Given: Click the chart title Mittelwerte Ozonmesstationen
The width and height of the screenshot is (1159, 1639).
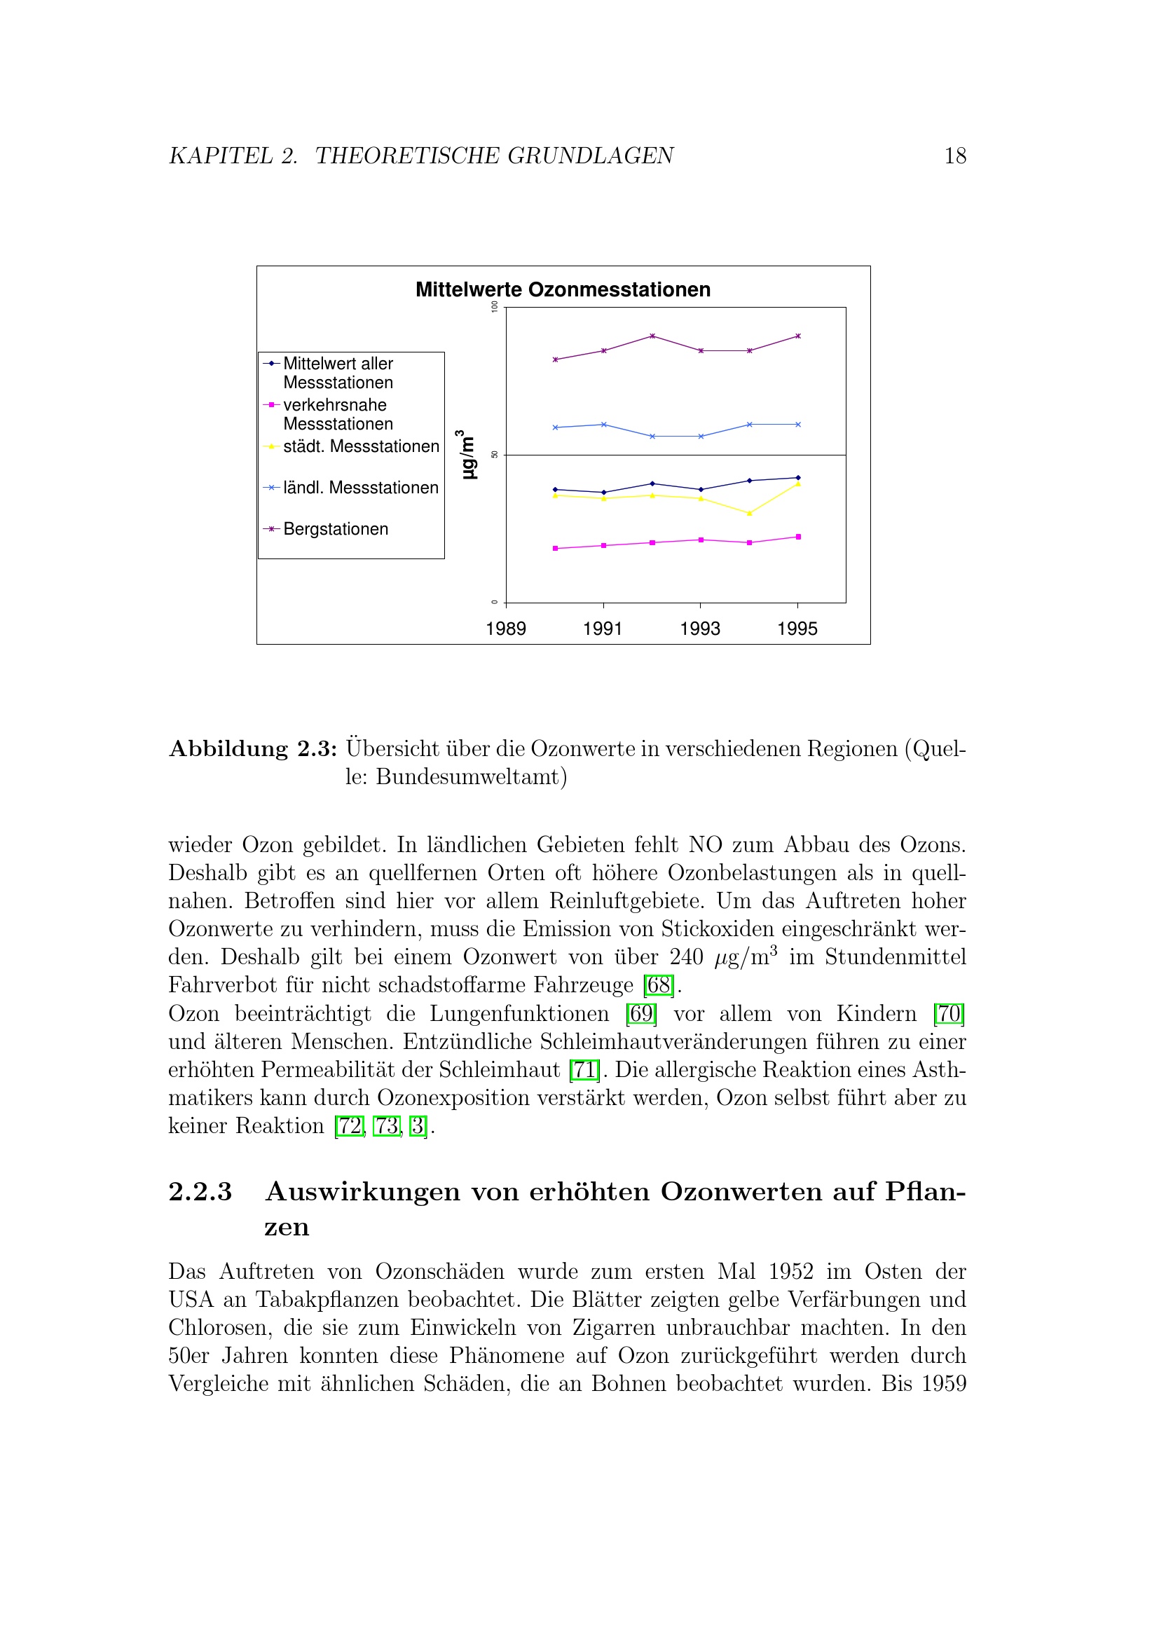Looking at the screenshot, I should tap(563, 290).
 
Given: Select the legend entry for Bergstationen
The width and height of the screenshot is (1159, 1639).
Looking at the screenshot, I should tap(335, 529).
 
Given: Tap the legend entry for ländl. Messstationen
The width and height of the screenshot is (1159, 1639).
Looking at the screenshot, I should tap(359, 488).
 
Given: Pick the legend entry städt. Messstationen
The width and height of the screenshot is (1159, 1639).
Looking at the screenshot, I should tap(360, 446).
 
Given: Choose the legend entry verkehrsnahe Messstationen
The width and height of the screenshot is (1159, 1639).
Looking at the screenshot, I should tap(338, 414).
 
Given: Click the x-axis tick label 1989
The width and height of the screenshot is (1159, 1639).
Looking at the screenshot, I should tap(505, 629).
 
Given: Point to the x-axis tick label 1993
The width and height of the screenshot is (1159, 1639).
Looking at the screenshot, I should tap(699, 629).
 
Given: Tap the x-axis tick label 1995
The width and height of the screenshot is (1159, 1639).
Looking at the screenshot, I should tap(797, 629).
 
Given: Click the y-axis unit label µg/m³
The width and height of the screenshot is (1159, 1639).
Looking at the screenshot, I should tap(466, 455).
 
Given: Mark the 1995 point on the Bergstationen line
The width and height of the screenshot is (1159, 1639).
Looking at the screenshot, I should tap(798, 336).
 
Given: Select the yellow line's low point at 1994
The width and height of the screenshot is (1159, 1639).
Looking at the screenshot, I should tap(749, 513).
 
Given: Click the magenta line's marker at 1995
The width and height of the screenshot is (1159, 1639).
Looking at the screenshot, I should tap(798, 537).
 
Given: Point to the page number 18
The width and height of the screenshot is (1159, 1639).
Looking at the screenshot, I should tap(955, 156).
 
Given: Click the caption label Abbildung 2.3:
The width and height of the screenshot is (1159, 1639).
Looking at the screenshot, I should tap(253, 749).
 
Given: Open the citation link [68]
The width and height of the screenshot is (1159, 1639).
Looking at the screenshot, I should tap(658, 985).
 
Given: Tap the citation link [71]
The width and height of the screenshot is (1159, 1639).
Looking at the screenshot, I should tap(584, 1069).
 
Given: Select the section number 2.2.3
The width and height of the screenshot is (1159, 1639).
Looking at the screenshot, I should tap(200, 1191).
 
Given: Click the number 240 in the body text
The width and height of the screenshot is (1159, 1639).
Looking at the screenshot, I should tap(686, 956).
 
